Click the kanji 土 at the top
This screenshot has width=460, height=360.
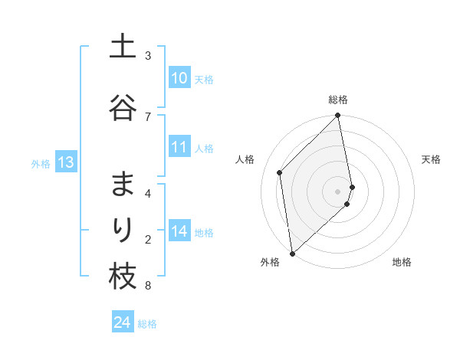(x=123, y=47)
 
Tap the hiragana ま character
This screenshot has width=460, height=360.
(x=123, y=185)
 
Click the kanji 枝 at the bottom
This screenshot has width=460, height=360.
(x=123, y=277)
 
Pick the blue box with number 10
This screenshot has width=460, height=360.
(x=179, y=78)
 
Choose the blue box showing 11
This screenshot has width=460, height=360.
(x=179, y=148)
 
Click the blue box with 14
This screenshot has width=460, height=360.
(x=179, y=231)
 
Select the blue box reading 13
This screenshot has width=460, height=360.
(x=65, y=162)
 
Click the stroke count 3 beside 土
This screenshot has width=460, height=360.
(x=148, y=56)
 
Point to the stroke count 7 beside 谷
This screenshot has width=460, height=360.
(x=148, y=116)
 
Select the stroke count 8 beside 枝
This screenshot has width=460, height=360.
(x=148, y=286)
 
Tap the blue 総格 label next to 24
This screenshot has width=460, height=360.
(x=147, y=324)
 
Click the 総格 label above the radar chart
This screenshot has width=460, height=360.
(x=338, y=100)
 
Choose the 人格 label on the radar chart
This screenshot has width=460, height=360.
(x=245, y=159)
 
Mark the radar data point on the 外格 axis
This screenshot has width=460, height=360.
(x=291, y=253)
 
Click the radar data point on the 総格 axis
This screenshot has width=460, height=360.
(x=338, y=116)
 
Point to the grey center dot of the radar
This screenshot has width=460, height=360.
(x=338, y=191)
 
